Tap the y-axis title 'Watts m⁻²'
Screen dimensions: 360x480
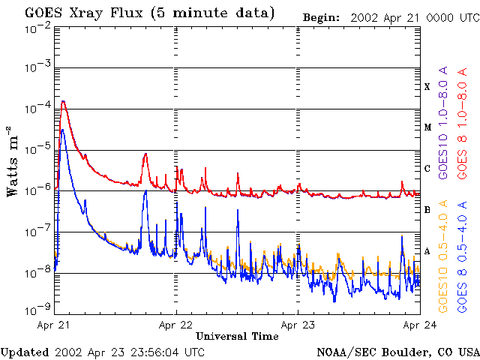coord(13,162)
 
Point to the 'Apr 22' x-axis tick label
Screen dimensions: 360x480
coord(175,325)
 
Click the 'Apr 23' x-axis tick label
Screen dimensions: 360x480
coord(298,325)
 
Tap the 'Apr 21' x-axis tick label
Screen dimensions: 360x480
coord(53,325)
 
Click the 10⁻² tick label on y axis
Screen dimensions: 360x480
coord(37,28)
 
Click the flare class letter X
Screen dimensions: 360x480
coord(427,87)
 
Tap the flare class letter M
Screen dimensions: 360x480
coord(427,127)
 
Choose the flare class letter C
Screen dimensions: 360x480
coord(427,169)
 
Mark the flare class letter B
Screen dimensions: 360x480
coord(427,210)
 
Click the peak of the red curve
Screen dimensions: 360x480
coord(64,101)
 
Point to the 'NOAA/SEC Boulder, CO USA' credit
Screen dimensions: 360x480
coord(397,352)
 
